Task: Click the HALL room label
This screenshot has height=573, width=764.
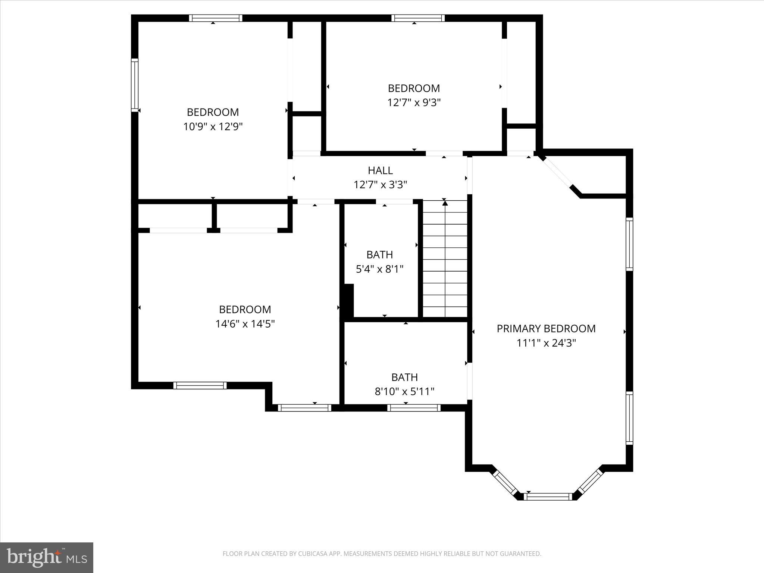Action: [x=380, y=170]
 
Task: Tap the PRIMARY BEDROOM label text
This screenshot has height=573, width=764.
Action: [x=546, y=329]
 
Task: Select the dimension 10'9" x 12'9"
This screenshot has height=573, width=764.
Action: [x=213, y=127]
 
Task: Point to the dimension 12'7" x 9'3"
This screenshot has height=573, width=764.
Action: [x=414, y=103]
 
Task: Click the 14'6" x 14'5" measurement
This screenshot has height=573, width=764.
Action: [x=245, y=324]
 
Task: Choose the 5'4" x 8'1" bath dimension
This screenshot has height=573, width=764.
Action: [x=379, y=269]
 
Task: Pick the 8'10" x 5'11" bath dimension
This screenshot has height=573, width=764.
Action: [x=404, y=392]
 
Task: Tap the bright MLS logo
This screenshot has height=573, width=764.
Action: [x=47, y=557]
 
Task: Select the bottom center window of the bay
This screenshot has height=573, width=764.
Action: [x=548, y=497]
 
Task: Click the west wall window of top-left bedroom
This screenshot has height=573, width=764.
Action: [x=135, y=85]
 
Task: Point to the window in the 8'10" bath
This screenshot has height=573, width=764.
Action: [x=414, y=408]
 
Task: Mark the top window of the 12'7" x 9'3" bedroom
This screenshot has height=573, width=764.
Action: [x=418, y=18]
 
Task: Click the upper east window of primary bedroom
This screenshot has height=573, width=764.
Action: [x=629, y=244]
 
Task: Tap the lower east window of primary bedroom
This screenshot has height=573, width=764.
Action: [x=629, y=418]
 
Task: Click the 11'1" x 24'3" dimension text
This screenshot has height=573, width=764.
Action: [x=546, y=343]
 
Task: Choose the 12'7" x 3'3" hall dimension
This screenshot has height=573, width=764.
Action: [x=380, y=185]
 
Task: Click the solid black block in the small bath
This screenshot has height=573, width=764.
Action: [x=348, y=301]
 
